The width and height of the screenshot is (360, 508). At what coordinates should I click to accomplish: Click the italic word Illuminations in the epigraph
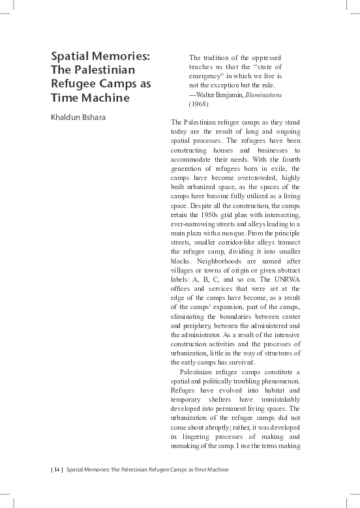click(263, 95)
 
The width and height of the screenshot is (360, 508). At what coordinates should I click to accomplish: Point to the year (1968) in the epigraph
click(199, 104)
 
